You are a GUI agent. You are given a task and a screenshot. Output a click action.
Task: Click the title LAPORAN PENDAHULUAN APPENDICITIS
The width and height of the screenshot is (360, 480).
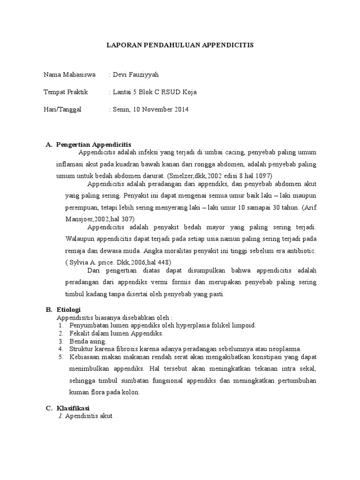[x=180, y=45]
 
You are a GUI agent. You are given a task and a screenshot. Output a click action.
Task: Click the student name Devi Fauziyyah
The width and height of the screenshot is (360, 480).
[x=133, y=75]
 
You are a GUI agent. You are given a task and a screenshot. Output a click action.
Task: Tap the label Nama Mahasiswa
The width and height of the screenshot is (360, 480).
[x=69, y=75]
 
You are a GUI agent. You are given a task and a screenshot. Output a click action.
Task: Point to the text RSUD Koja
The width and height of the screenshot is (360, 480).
[x=180, y=92]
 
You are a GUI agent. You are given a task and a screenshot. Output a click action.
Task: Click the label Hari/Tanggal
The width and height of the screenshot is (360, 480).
[x=62, y=109]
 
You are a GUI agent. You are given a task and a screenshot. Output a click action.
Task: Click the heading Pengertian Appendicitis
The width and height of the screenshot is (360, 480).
[x=94, y=144]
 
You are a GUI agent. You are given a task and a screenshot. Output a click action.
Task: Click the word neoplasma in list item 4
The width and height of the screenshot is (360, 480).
[x=284, y=349]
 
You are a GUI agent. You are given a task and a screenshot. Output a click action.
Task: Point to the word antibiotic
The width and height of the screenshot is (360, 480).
[x=299, y=251]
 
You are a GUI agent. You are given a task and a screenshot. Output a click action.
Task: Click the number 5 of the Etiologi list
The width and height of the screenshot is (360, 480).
[x=61, y=357]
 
